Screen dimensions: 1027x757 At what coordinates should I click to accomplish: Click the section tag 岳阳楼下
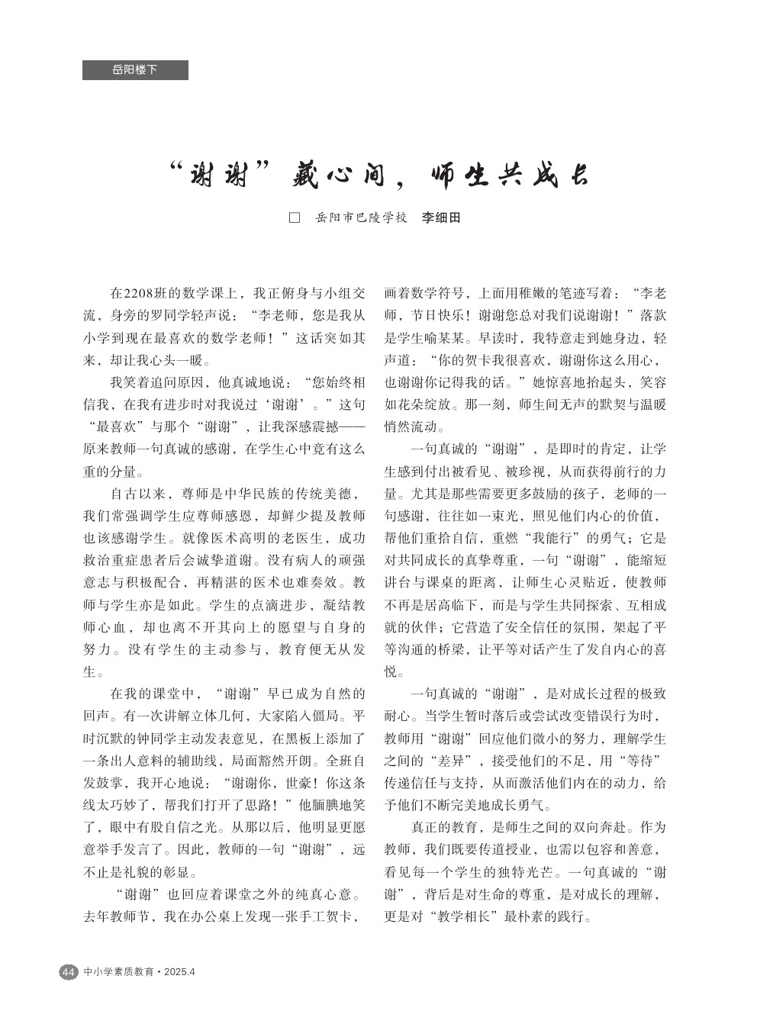(x=135, y=70)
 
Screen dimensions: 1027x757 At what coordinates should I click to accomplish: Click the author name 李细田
(x=442, y=218)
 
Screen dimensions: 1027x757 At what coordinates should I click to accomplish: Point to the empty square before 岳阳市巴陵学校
(x=294, y=218)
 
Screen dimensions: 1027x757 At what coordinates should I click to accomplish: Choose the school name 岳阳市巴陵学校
(x=361, y=218)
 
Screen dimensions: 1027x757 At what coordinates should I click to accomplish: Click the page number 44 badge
(x=68, y=972)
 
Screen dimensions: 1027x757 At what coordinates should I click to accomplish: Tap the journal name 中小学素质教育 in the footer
(x=118, y=972)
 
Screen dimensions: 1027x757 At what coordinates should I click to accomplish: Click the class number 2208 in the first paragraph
(x=139, y=293)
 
